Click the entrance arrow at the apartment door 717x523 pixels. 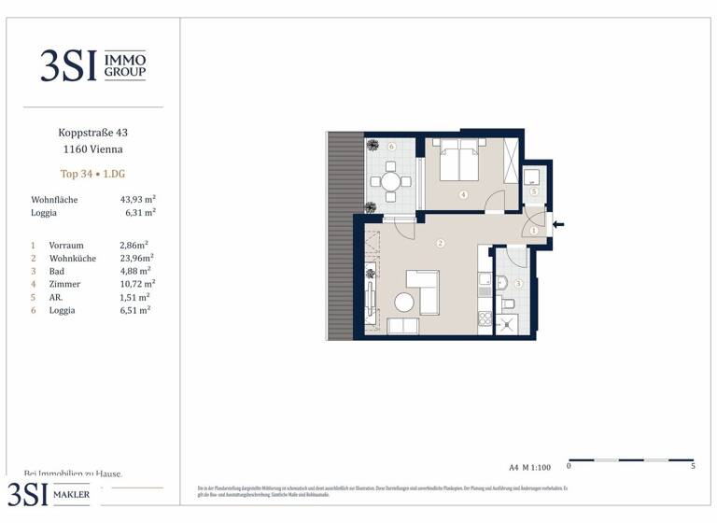click(x=559, y=223)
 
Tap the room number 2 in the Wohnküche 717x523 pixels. click(x=440, y=244)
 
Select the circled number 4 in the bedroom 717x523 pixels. click(x=464, y=195)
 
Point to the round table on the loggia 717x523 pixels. click(x=390, y=180)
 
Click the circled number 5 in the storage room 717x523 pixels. click(x=534, y=191)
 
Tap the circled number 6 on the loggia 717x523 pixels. click(x=392, y=147)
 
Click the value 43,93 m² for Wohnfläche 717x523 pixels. click(x=137, y=199)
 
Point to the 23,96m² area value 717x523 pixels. click(x=137, y=258)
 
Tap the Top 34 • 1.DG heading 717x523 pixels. click(x=90, y=174)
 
